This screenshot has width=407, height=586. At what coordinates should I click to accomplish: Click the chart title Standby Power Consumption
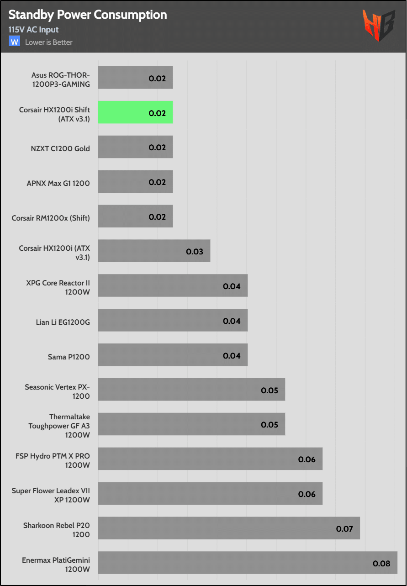click(88, 15)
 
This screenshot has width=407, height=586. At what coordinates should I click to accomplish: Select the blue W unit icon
click(15, 42)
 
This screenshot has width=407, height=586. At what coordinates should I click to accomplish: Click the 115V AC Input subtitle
click(33, 30)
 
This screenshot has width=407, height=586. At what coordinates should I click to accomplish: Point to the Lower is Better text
click(49, 42)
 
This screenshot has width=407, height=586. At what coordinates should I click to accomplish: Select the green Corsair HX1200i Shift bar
click(135, 112)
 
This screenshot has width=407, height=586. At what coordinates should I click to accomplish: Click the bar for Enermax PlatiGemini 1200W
click(247, 563)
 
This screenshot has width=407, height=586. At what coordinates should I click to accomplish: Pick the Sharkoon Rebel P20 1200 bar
click(228, 528)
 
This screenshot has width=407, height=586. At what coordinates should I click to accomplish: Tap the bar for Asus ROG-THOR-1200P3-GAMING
click(135, 78)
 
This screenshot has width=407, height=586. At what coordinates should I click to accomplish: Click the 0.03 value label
click(194, 251)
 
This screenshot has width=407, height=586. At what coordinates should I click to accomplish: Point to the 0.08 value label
click(381, 563)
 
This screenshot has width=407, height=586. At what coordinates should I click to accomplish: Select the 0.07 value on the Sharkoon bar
click(344, 528)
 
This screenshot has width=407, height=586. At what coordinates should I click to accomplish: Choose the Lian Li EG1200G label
click(63, 322)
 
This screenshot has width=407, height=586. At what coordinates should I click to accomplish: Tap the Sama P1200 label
click(69, 357)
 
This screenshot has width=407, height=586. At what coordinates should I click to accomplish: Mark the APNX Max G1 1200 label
click(58, 183)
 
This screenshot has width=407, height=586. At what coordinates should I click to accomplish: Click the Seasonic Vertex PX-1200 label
click(57, 391)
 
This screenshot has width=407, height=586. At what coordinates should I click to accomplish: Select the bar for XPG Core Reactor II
click(173, 285)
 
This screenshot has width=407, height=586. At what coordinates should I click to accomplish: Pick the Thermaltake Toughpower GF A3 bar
click(191, 424)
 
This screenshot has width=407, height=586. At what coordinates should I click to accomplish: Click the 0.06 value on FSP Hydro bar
click(307, 459)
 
